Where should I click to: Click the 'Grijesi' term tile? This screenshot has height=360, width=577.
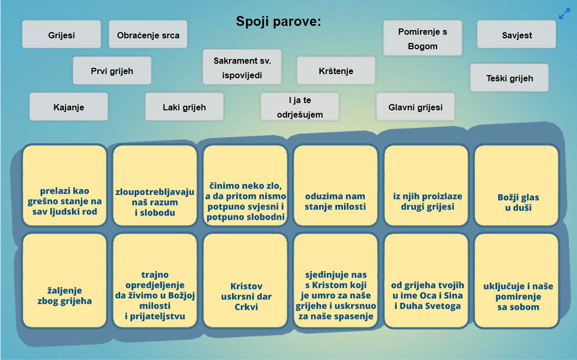[62, 35]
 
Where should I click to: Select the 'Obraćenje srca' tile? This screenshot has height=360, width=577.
[148, 35]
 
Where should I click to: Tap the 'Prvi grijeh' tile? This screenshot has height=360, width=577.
[112, 70]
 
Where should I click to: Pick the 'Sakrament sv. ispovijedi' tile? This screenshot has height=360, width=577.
[242, 67]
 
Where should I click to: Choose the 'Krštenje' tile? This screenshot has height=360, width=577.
[336, 70]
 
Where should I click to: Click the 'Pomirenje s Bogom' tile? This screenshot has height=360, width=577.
[423, 38]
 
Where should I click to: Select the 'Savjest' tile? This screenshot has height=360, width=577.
[516, 35]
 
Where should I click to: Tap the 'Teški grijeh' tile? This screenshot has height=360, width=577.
[509, 78]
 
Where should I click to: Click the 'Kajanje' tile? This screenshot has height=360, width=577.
[69, 107]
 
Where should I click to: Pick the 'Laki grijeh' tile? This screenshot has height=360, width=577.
[184, 107]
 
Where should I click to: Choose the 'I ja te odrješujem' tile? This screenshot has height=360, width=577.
[300, 107]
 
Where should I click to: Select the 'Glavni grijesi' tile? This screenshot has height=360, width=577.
[415, 107]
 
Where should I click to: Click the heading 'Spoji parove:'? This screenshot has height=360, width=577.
[279, 21]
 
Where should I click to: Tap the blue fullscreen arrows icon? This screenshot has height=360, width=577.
[564, 14]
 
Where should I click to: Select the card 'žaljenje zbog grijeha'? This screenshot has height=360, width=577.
[64, 281]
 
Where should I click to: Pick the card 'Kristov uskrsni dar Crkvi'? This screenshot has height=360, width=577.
[246, 281]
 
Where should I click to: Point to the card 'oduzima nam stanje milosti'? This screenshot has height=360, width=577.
[336, 185]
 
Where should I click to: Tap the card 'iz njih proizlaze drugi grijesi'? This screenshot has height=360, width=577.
[426, 185]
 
